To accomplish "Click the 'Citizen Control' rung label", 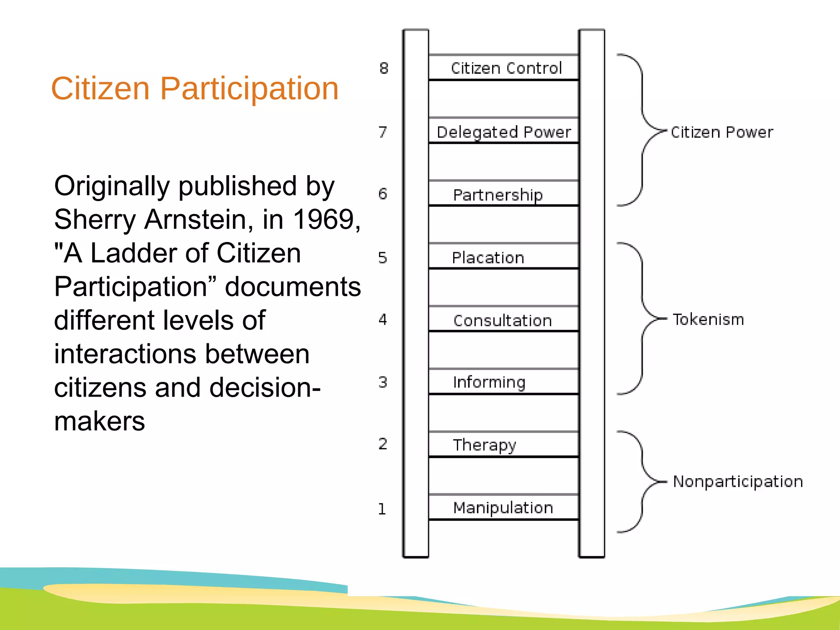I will coord(506,68).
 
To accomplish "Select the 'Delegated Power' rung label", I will coord(504,132).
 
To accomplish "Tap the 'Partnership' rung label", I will coord(498,195).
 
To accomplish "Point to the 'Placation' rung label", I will coord(488,258).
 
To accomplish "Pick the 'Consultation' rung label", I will coord(502,320).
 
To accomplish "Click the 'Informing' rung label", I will coord(489,382).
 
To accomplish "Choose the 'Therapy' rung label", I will coord(484,445).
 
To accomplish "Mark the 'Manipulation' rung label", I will coord(503,508).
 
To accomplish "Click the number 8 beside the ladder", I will coord(384,68).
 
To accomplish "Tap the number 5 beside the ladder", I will coord(383,258).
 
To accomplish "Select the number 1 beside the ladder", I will coord(382,509).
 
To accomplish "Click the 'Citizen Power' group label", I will coord(722,132).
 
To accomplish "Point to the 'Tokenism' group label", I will coord(708,319).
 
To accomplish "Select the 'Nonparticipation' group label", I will coord(738,482).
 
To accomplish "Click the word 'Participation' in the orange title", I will coord(249,89).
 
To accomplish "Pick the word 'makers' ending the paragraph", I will coord(100,421).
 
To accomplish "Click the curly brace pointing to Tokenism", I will coord(642,318).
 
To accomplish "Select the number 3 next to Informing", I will coord(383,382).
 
